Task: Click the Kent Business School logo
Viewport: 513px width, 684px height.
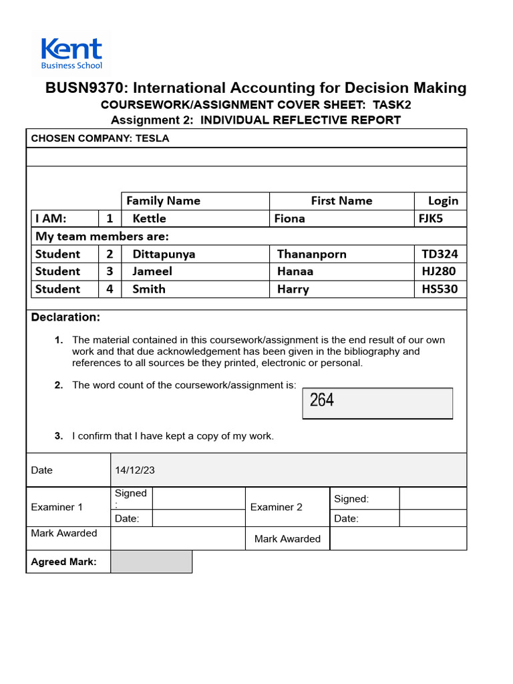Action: (71, 53)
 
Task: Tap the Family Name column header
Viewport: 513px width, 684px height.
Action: (163, 201)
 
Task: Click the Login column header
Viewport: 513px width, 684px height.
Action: (443, 201)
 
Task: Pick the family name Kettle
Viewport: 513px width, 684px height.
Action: (150, 218)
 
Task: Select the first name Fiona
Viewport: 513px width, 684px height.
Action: (289, 218)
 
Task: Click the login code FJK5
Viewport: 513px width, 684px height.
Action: (430, 218)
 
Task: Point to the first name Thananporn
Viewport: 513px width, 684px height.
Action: (311, 254)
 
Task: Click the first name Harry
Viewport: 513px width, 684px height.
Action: (293, 289)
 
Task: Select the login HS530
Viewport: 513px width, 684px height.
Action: (440, 289)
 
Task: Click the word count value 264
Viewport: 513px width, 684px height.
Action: (322, 401)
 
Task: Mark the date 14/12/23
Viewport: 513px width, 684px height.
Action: (135, 470)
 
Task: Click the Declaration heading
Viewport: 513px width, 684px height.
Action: (65, 317)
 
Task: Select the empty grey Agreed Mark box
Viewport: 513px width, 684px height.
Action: (151, 562)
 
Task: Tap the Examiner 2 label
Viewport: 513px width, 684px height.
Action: (276, 507)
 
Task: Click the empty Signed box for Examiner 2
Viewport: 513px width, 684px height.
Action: (432, 498)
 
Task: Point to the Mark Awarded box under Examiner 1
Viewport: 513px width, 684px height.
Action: (178, 538)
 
